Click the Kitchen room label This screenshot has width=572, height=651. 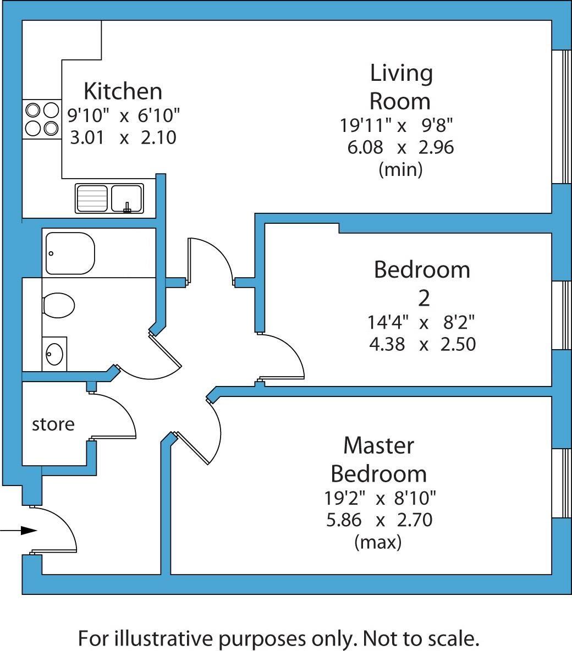click(123, 91)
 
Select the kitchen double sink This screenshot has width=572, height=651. click(109, 198)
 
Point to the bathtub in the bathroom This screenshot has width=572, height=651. click(70, 253)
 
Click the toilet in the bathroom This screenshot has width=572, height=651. click(58, 305)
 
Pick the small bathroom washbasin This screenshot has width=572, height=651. click(54, 354)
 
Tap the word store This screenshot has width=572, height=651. click(53, 424)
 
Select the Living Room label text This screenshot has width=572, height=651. click(401, 87)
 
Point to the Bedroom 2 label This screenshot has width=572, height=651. click(422, 283)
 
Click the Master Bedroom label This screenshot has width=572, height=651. click(379, 459)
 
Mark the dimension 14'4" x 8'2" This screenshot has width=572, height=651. click(422, 321)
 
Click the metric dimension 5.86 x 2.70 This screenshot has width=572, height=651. click(379, 520)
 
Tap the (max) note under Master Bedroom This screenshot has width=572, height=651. click(378, 543)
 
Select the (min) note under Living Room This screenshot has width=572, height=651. click(400, 170)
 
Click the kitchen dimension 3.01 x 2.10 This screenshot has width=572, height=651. click(123, 137)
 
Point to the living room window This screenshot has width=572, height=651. click(561, 117)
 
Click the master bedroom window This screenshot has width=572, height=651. click(561, 483)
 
